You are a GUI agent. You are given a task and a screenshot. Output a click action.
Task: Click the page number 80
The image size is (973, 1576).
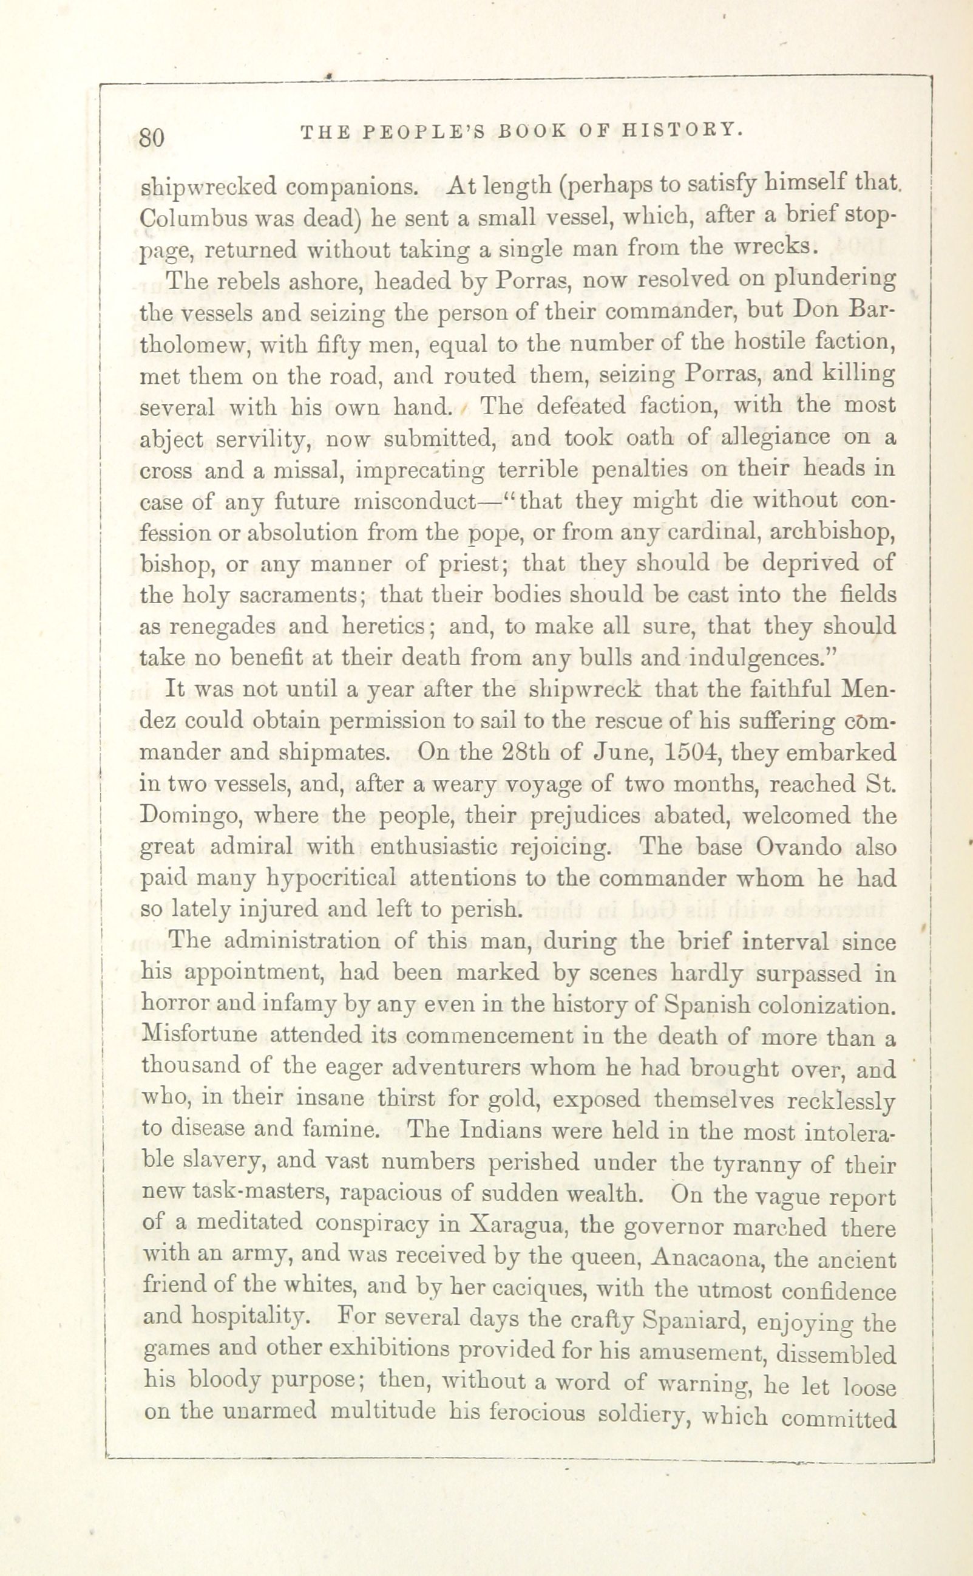tap(152, 137)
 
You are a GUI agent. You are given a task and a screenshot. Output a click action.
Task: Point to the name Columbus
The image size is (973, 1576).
tap(181, 218)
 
